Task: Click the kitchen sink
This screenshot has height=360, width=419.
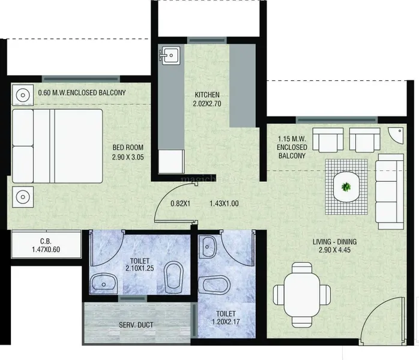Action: pyautogui.click(x=169, y=55)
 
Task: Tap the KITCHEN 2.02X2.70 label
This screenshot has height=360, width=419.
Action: pyautogui.click(x=207, y=99)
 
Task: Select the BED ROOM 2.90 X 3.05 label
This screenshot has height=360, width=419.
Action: pyautogui.click(x=128, y=152)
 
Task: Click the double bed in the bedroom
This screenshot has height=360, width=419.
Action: pyautogui.click(x=58, y=146)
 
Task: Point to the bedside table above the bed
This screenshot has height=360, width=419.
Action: pyautogui.click(x=23, y=95)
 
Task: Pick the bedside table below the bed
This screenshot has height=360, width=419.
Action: pyautogui.click(x=23, y=197)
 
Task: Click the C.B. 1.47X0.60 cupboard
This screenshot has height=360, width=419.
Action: pyautogui.click(x=46, y=245)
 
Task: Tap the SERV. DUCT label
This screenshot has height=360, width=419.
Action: pyautogui.click(x=136, y=325)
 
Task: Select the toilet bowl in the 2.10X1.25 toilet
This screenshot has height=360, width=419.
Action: pyautogui.click(x=173, y=277)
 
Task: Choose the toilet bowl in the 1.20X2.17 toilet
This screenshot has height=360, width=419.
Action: pyautogui.click(x=214, y=284)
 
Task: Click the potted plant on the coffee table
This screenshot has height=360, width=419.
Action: pyautogui.click(x=346, y=187)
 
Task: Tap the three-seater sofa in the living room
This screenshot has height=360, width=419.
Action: pyautogui.click(x=390, y=191)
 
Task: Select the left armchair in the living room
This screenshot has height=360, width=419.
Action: pyautogui.click(x=328, y=140)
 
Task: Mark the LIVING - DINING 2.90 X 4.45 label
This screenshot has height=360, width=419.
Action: pyautogui.click(x=334, y=245)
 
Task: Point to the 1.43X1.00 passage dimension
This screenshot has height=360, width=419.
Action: pyautogui.click(x=224, y=203)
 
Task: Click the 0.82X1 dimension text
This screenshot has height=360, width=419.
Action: pyautogui.click(x=180, y=203)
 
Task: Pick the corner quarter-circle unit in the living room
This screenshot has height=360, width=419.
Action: pyautogui.click(x=396, y=136)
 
